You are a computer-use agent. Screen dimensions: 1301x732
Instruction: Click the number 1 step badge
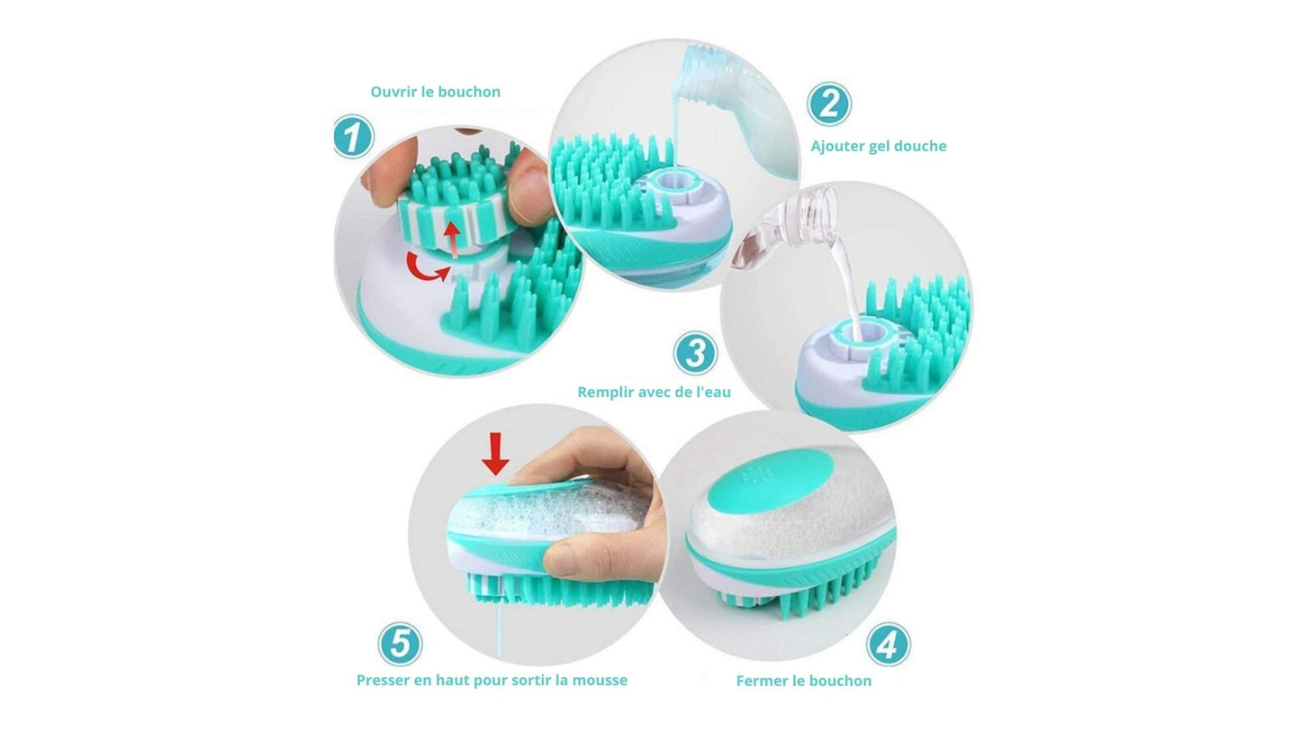[x=353, y=137]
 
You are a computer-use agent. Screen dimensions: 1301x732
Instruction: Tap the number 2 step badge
[x=829, y=104]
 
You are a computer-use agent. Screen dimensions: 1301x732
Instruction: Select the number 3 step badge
[x=695, y=353]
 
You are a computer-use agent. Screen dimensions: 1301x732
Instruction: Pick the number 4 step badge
[x=888, y=645]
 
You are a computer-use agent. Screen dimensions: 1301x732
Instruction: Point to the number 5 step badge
[x=400, y=644]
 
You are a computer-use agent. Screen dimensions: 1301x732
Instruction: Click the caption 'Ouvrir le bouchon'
[x=436, y=92]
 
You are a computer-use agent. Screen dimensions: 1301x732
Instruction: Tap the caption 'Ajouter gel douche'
[x=879, y=146]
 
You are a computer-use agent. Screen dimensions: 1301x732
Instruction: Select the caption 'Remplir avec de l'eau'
[x=654, y=393]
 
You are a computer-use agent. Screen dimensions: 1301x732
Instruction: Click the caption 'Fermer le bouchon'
[x=804, y=681]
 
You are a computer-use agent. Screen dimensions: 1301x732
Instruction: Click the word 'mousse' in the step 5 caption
[x=600, y=681]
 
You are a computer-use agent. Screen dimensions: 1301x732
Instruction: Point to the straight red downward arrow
[x=495, y=454]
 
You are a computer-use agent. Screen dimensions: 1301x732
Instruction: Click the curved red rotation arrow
[x=428, y=267]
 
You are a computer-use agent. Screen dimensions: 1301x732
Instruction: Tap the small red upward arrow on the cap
[x=451, y=239]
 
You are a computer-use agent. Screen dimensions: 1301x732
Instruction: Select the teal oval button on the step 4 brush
[x=770, y=483]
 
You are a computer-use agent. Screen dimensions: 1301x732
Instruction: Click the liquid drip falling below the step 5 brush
[x=501, y=628]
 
